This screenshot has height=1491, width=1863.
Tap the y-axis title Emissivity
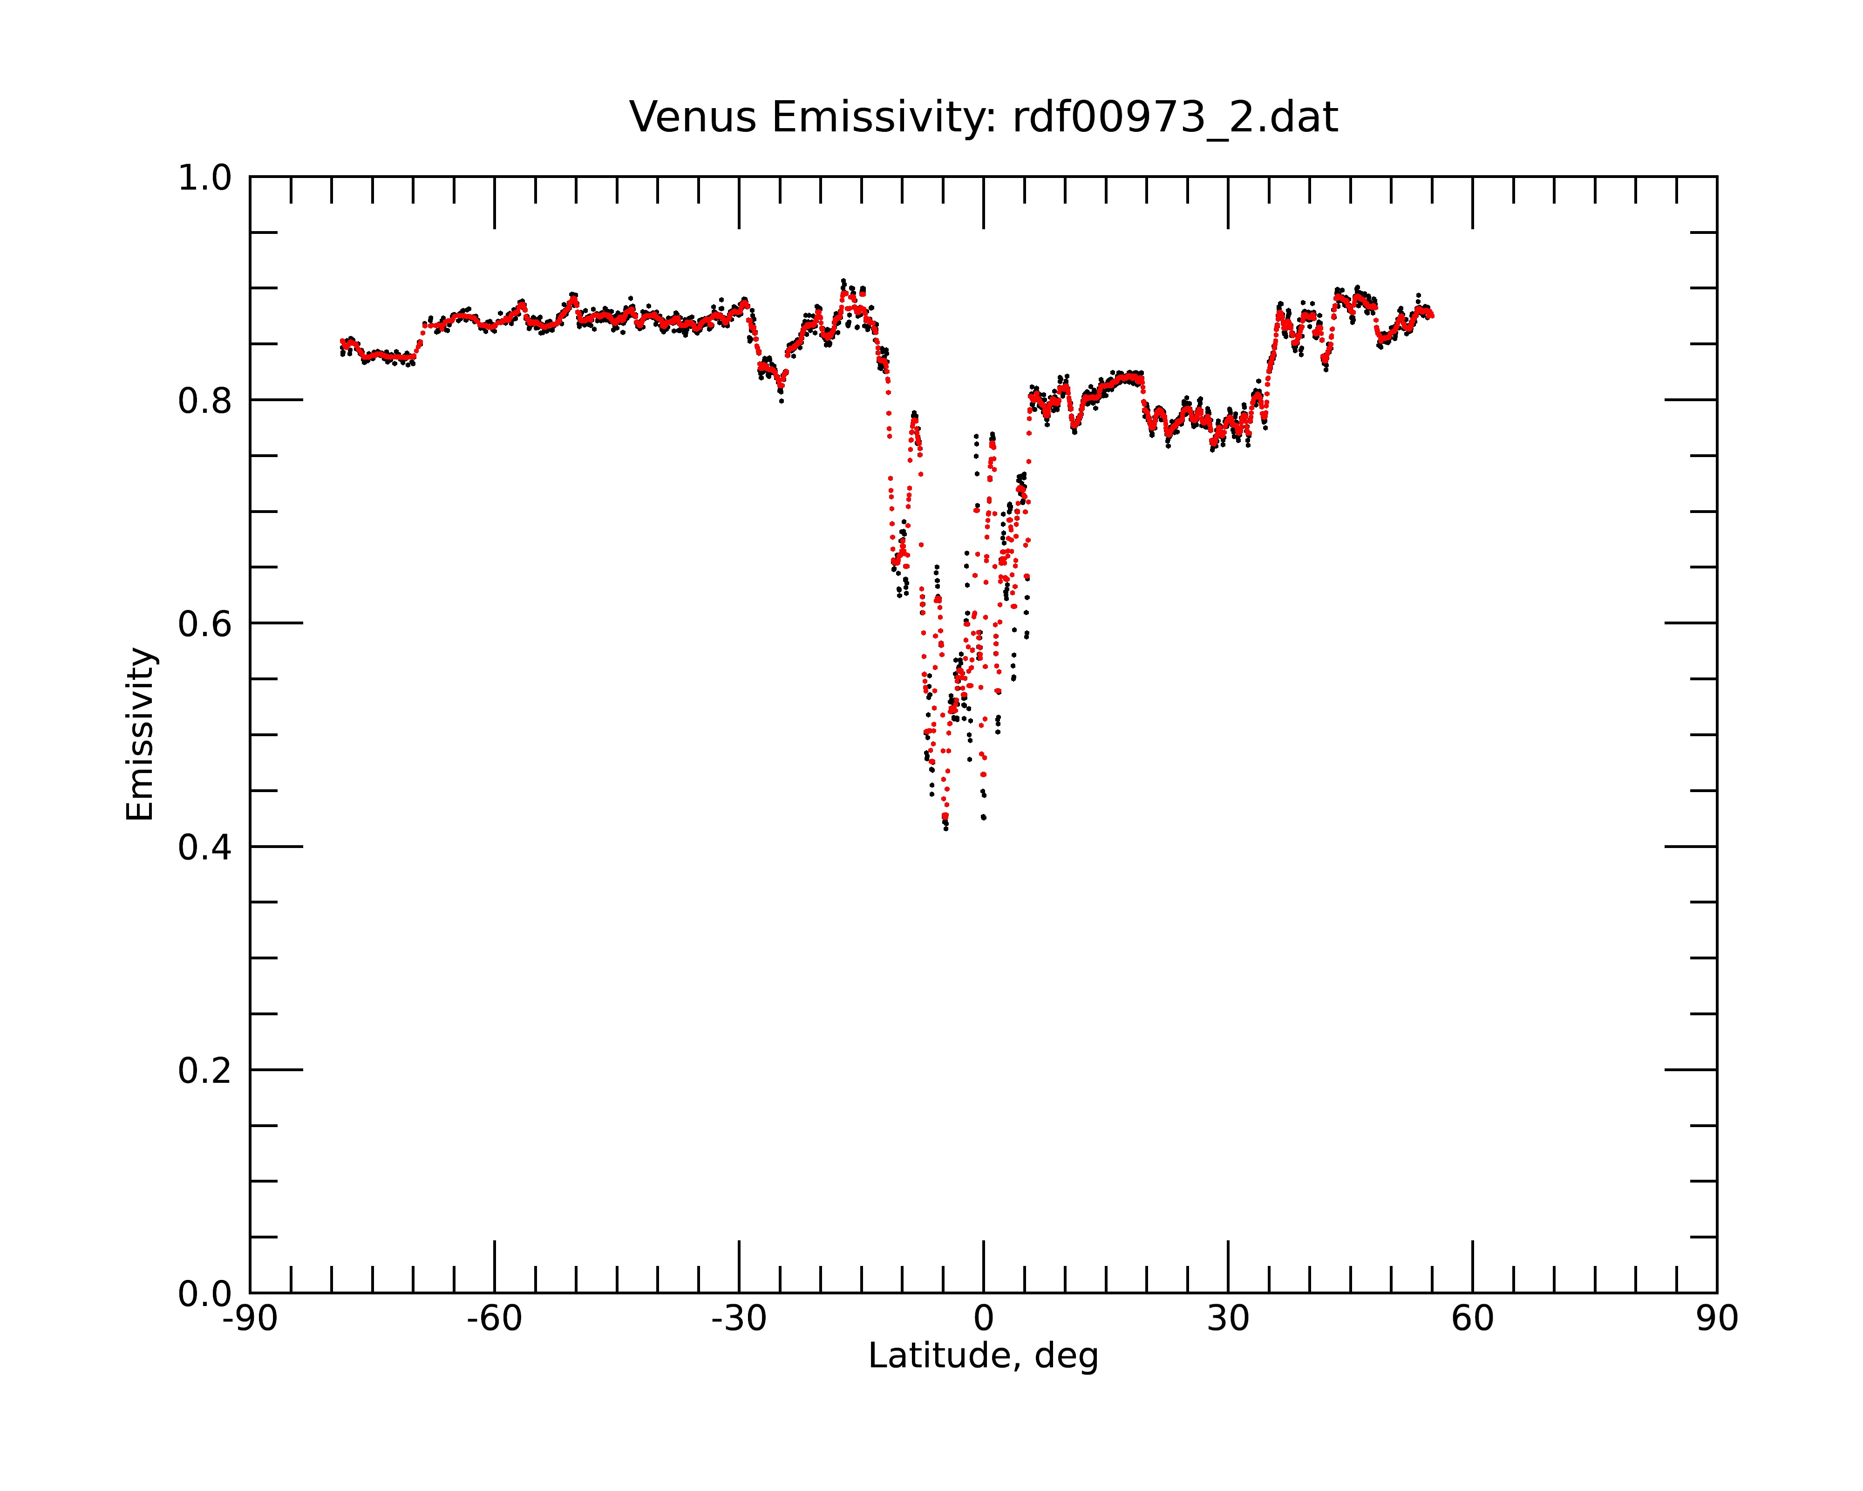(x=140, y=734)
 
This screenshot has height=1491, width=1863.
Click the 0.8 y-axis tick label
(x=205, y=401)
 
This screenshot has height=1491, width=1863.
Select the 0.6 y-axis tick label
(x=205, y=624)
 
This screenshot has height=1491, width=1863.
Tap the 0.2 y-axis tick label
(x=205, y=1071)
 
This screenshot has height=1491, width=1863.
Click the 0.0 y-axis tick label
(x=205, y=1294)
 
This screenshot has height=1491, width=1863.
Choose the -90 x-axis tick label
(x=250, y=1319)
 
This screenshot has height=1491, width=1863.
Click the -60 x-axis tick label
(x=494, y=1319)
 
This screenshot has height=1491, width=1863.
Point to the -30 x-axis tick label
(x=739, y=1319)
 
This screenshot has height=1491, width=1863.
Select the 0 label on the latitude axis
(x=983, y=1319)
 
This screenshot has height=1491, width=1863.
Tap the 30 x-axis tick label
(x=1228, y=1319)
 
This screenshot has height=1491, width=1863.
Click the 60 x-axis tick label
(x=1472, y=1319)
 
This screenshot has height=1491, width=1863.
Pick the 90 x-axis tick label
(x=1717, y=1319)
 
